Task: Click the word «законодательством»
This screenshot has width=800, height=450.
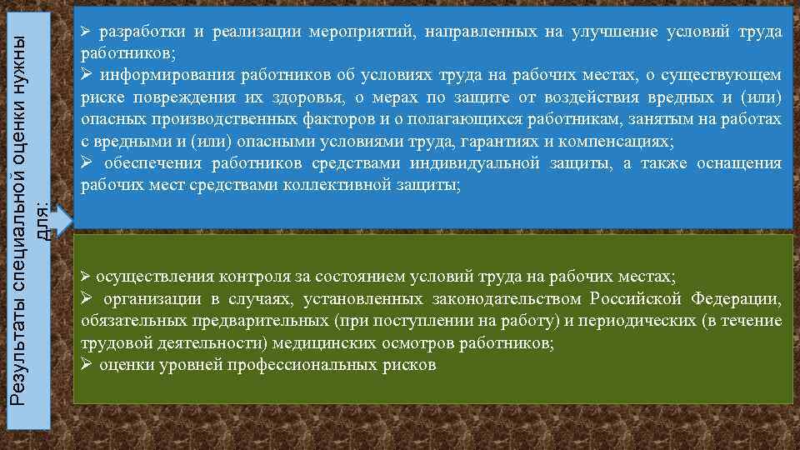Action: tap(511, 298)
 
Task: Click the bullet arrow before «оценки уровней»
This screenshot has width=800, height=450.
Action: tap(86, 364)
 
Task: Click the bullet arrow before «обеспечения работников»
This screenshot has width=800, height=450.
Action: tap(86, 162)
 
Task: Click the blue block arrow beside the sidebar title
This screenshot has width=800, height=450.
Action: tap(61, 221)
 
